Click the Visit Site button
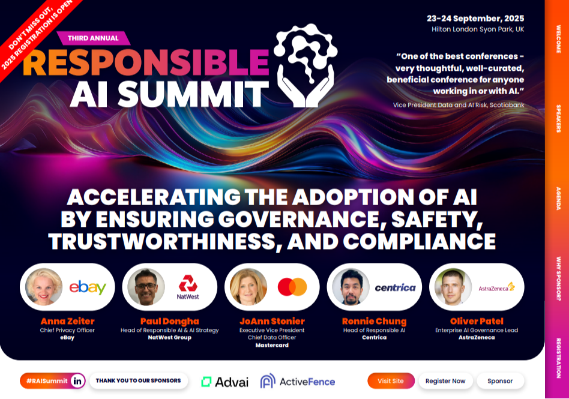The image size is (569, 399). (x=391, y=381)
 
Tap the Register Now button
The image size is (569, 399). (x=445, y=381)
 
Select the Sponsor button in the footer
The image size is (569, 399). (x=500, y=381)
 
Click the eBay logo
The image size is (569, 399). (x=88, y=287)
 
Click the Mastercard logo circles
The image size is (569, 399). (x=292, y=287)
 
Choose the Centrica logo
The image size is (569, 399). (x=395, y=287)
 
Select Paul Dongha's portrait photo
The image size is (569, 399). (x=146, y=287)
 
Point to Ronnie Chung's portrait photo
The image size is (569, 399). (x=351, y=287)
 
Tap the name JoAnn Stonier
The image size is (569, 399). (x=272, y=321)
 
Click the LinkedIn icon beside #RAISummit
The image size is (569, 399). (x=77, y=380)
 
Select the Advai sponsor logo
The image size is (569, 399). (x=224, y=382)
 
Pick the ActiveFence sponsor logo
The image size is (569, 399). (x=298, y=382)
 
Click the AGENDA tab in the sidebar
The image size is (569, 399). (x=558, y=198)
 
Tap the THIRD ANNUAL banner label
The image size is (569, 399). (x=93, y=38)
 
